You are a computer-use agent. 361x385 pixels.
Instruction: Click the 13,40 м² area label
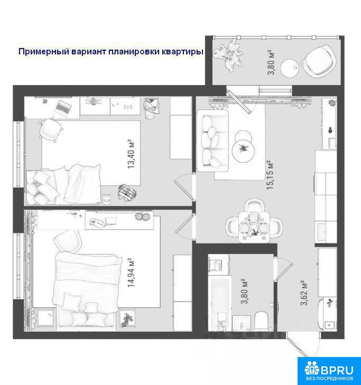pyautogui.click(x=131, y=154)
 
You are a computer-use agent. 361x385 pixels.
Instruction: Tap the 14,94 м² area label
pyautogui.click(x=131, y=273)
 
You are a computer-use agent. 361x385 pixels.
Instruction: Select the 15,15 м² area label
pyautogui.click(x=270, y=175)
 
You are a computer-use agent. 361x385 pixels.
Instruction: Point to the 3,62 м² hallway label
pyautogui.click(x=304, y=293)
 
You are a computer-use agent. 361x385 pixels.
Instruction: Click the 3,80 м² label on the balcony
pyautogui.click(x=271, y=62)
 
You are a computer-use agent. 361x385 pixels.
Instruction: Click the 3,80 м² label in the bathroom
pyautogui.click(x=244, y=292)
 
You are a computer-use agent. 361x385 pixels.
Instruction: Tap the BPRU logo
pyautogui.click(x=329, y=371)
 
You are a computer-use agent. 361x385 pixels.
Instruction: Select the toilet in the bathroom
pyautogui.click(x=262, y=321)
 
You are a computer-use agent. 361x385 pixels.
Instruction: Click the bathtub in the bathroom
pyautogui.click(x=220, y=303)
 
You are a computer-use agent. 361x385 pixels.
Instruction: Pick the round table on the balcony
pyautogui.click(x=290, y=68)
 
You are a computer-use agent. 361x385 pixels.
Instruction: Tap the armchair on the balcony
pyautogui.click(x=319, y=61)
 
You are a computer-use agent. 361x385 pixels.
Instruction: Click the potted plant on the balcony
pyautogui.click(x=228, y=55)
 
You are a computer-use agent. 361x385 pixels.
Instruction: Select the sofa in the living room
pyautogui.click(x=212, y=140)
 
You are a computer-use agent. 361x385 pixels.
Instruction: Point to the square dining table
pyautogui.click(x=254, y=227)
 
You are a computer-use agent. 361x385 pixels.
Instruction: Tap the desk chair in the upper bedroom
pyautogui.click(x=51, y=129)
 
